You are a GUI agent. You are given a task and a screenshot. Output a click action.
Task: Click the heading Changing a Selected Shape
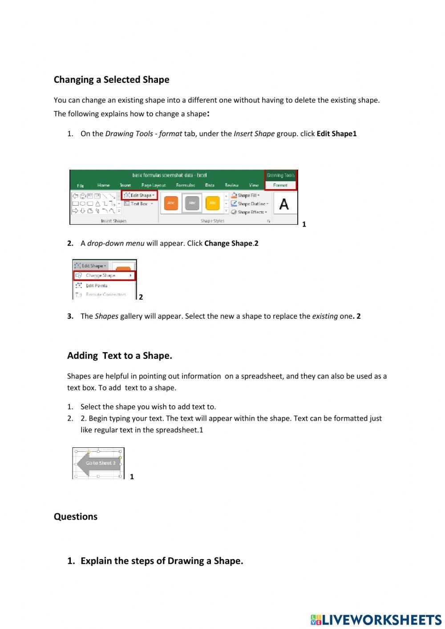click(x=111, y=80)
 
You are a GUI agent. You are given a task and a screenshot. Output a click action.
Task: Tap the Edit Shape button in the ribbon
click(x=139, y=195)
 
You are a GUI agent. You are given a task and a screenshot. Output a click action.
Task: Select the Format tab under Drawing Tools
click(x=280, y=185)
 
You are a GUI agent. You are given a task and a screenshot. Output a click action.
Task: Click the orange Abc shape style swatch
click(x=171, y=203)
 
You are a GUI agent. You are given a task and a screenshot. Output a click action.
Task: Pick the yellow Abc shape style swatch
click(x=213, y=203)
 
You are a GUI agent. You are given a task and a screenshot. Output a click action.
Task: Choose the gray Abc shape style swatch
click(x=192, y=203)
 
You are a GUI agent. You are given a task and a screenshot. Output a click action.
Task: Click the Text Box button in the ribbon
click(x=138, y=204)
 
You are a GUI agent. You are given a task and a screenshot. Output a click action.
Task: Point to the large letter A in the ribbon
click(x=283, y=204)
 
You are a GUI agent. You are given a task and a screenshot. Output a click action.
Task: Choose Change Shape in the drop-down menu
click(x=101, y=276)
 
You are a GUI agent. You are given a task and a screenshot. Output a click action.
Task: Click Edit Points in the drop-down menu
click(x=96, y=286)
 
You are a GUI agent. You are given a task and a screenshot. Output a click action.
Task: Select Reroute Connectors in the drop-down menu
click(x=105, y=295)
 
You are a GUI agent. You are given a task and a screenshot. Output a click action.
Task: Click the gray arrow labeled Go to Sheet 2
click(x=98, y=463)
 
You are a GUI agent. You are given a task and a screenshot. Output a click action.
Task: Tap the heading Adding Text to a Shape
click(x=119, y=356)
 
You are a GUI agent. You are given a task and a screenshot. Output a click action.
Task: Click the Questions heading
click(x=76, y=516)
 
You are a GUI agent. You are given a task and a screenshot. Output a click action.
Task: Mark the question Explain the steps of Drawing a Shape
click(x=161, y=561)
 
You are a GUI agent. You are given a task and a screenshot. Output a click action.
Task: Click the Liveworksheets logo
click(x=376, y=620)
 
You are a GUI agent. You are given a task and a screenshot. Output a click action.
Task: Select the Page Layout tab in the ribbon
click(x=153, y=185)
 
